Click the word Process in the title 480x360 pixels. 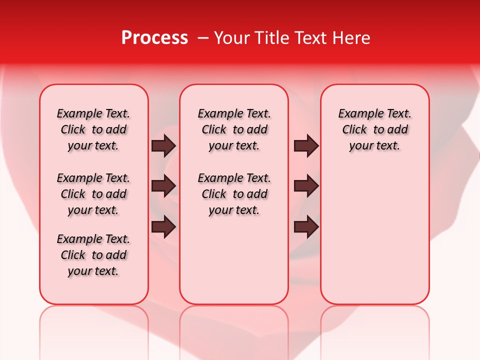(x=154, y=38)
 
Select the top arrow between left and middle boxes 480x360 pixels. (x=163, y=146)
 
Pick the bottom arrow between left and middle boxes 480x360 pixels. (x=163, y=227)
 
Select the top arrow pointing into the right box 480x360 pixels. (x=306, y=146)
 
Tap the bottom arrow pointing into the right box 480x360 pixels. (x=306, y=227)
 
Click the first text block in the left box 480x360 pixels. (x=93, y=129)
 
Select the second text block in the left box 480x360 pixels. (x=93, y=194)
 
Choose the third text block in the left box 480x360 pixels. (x=93, y=255)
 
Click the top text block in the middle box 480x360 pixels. (x=234, y=129)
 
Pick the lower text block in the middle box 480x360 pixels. (x=234, y=194)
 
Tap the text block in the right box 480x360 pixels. (x=374, y=129)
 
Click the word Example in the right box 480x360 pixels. (x=356, y=114)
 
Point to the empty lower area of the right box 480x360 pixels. (x=374, y=235)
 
